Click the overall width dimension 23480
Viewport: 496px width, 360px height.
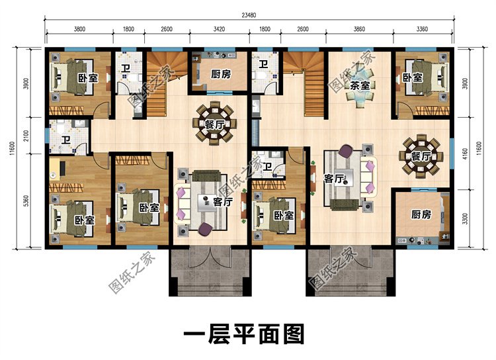[249, 16]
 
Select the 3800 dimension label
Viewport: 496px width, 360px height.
[79, 30]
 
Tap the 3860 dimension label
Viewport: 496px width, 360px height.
[359, 30]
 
